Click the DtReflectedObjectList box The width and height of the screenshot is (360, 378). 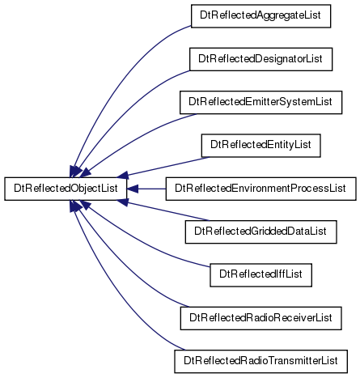pyautogui.click(x=66, y=189)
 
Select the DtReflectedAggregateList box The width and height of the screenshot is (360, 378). pyautogui.click(x=260, y=16)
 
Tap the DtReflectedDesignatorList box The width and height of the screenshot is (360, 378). pyautogui.click(x=260, y=59)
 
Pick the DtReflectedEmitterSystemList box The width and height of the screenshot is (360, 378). pyautogui.click(x=260, y=102)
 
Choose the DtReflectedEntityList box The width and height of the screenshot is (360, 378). pyautogui.click(x=260, y=146)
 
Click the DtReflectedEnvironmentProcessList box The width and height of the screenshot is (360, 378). pyautogui.click(x=260, y=189)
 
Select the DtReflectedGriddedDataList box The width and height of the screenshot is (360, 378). pyautogui.click(x=260, y=231)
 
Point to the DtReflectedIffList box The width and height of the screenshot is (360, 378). pyautogui.click(x=260, y=275)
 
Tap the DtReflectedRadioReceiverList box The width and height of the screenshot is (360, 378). pyautogui.click(x=260, y=318)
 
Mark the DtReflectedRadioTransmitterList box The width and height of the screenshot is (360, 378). pyautogui.click(x=260, y=361)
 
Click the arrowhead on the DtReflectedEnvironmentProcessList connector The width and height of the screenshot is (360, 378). pyautogui.click(x=133, y=189)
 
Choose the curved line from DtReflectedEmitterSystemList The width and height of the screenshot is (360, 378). pyautogui.click(x=135, y=135)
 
